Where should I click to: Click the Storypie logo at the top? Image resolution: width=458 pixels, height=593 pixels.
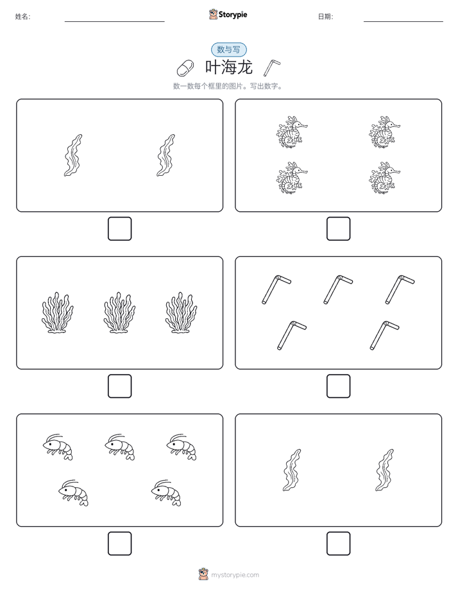point(228,14)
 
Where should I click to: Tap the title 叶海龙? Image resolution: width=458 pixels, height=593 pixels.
point(228,67)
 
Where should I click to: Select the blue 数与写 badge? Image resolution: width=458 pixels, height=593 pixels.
point(228,49)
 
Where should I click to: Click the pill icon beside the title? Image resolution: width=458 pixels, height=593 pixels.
point(185,68)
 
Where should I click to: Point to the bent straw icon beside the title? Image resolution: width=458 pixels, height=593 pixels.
point(272,67)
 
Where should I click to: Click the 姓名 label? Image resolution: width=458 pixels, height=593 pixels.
point(22,17)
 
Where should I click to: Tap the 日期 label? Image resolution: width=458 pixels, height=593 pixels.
point(325,17)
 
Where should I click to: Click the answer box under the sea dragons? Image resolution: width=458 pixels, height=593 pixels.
point(338,229)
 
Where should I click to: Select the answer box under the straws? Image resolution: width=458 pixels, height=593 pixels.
point(338,386)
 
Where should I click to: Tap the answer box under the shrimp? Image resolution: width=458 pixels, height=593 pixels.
point(120,544)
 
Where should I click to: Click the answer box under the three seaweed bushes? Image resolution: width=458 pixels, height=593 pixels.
point(120,386)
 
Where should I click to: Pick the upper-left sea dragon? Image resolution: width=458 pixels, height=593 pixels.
point(292,132)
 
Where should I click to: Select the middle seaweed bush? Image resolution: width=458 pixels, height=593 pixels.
point(119,313)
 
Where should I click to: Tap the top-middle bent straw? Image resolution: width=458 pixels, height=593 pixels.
point(338,289)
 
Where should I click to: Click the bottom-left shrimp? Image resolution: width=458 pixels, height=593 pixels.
point(73,493)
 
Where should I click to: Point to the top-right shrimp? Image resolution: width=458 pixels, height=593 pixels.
point(182,447)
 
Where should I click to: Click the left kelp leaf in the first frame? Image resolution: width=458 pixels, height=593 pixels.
point(73,155)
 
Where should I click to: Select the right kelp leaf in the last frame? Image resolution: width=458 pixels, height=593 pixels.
point(385,470)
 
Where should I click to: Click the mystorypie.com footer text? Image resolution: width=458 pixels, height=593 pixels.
point(235,575)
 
